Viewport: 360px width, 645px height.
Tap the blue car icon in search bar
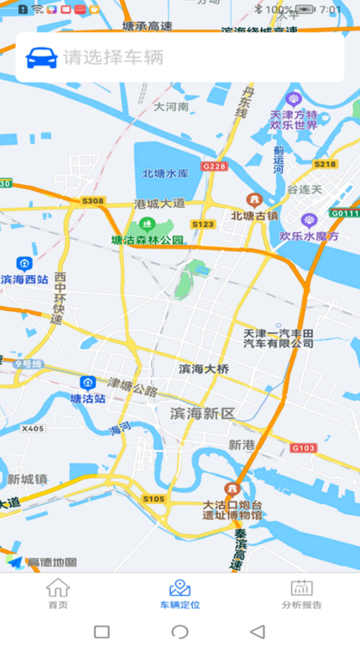coord(42,57)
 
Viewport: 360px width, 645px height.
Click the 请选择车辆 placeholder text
coord(113,57)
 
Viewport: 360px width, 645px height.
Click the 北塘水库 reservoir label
coord(165,173)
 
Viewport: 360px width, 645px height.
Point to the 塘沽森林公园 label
coord(148,239)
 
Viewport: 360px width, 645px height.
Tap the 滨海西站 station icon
coord(24,264)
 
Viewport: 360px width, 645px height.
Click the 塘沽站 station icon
coord(87,383)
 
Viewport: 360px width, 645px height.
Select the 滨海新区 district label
coord(202,414)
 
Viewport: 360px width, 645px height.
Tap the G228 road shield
coord(214,166)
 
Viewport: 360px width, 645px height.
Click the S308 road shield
coord(93,201)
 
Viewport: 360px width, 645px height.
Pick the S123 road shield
coord(203,224)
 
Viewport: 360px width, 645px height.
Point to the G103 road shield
coord(303,448)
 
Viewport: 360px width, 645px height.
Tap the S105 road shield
coord(153,499)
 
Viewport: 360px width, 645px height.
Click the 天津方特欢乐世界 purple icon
coord(293,99)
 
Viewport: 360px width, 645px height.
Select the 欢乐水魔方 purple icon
coord(309,220)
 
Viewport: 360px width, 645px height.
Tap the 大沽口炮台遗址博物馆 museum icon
coord(231,489)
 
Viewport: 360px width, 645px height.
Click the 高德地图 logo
coord(43,562)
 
